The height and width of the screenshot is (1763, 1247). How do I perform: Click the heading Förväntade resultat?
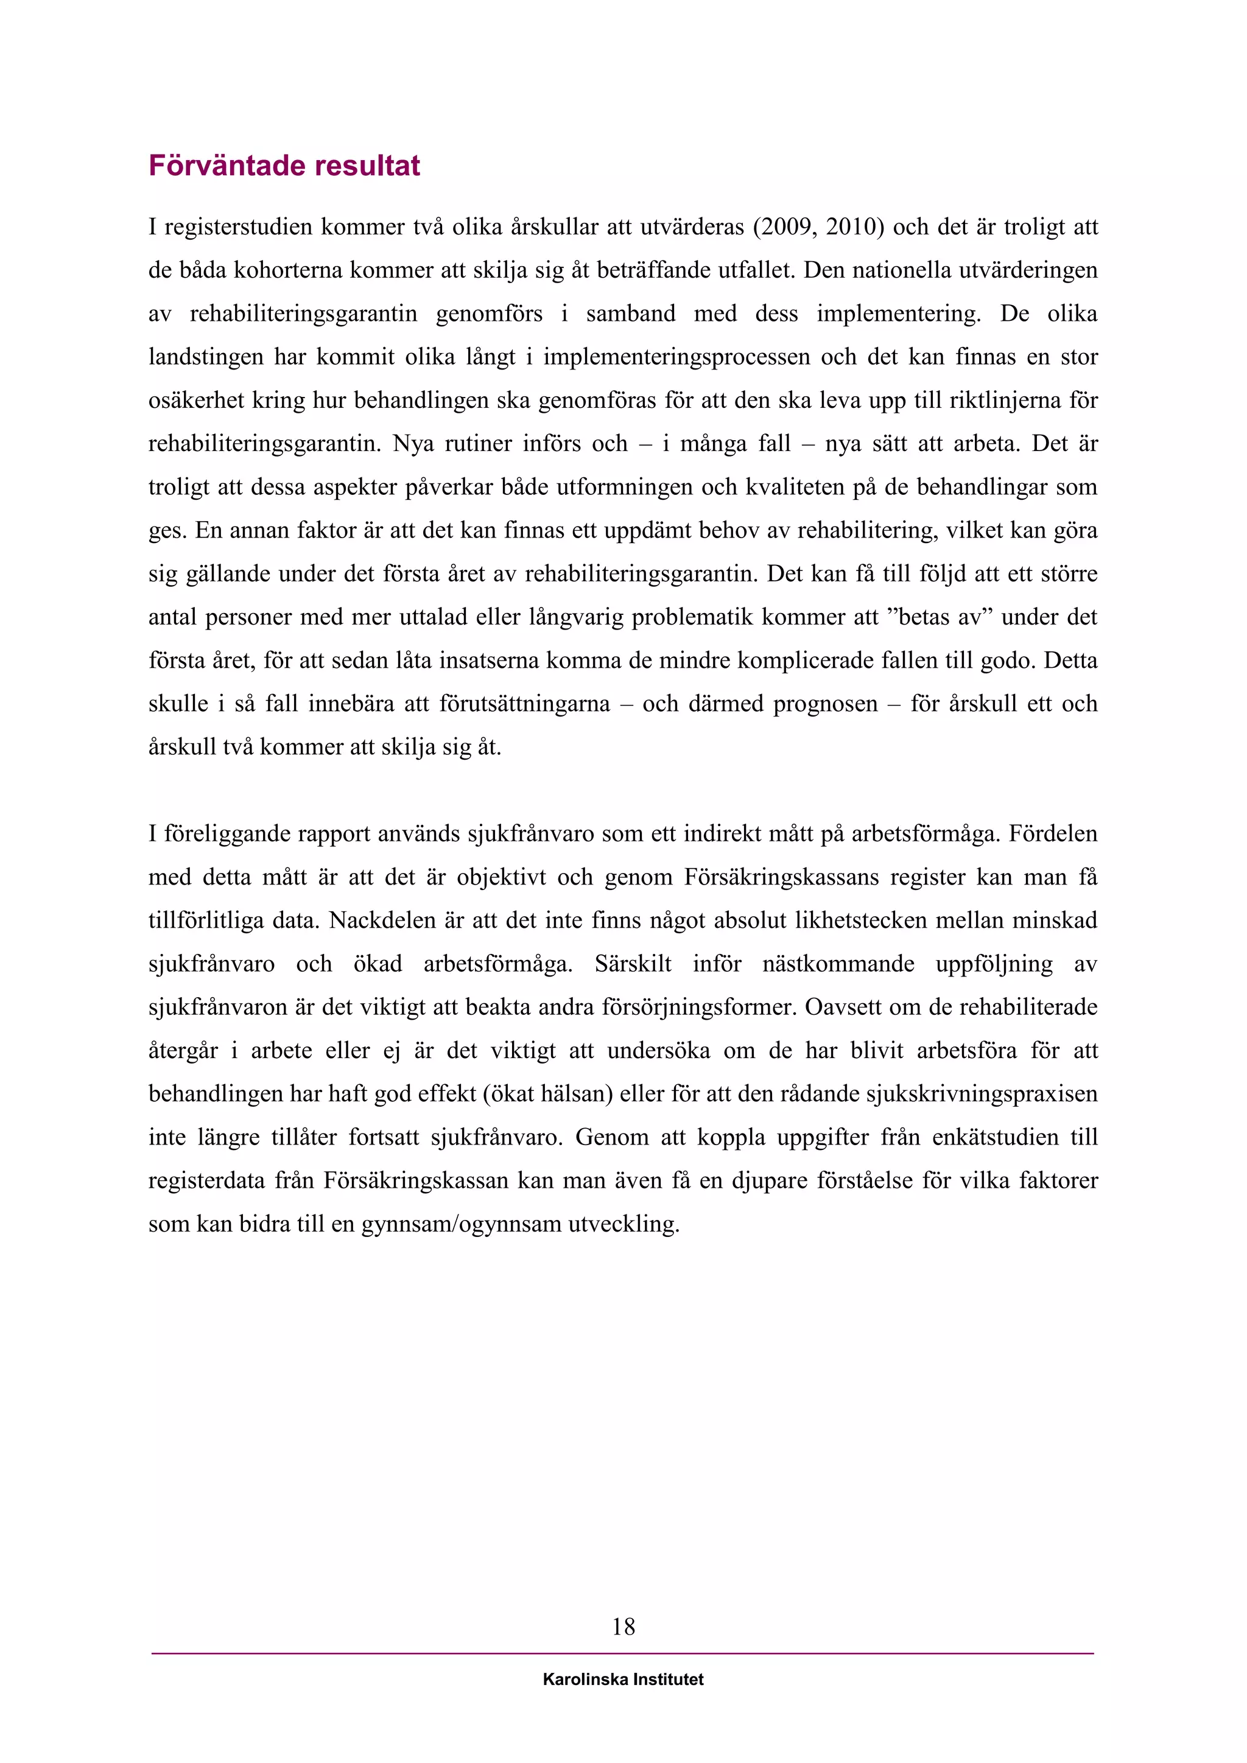[284, 166]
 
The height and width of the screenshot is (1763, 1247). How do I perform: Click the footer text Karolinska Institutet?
[623, 1680]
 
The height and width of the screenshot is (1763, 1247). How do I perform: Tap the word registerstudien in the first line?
[238, 227]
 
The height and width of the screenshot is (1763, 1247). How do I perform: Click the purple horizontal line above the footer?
[623, 1654]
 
